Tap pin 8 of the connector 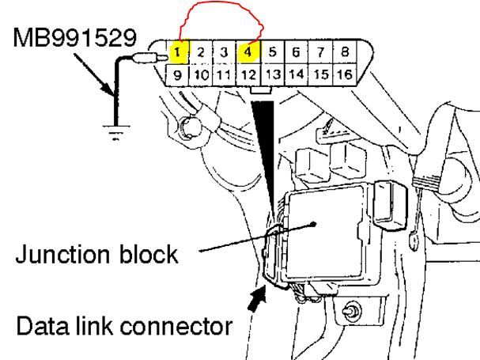tap(346, 53)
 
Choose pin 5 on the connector tap(273, 53)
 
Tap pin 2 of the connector tap(202, 53)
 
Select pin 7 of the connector tap(322, 53)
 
